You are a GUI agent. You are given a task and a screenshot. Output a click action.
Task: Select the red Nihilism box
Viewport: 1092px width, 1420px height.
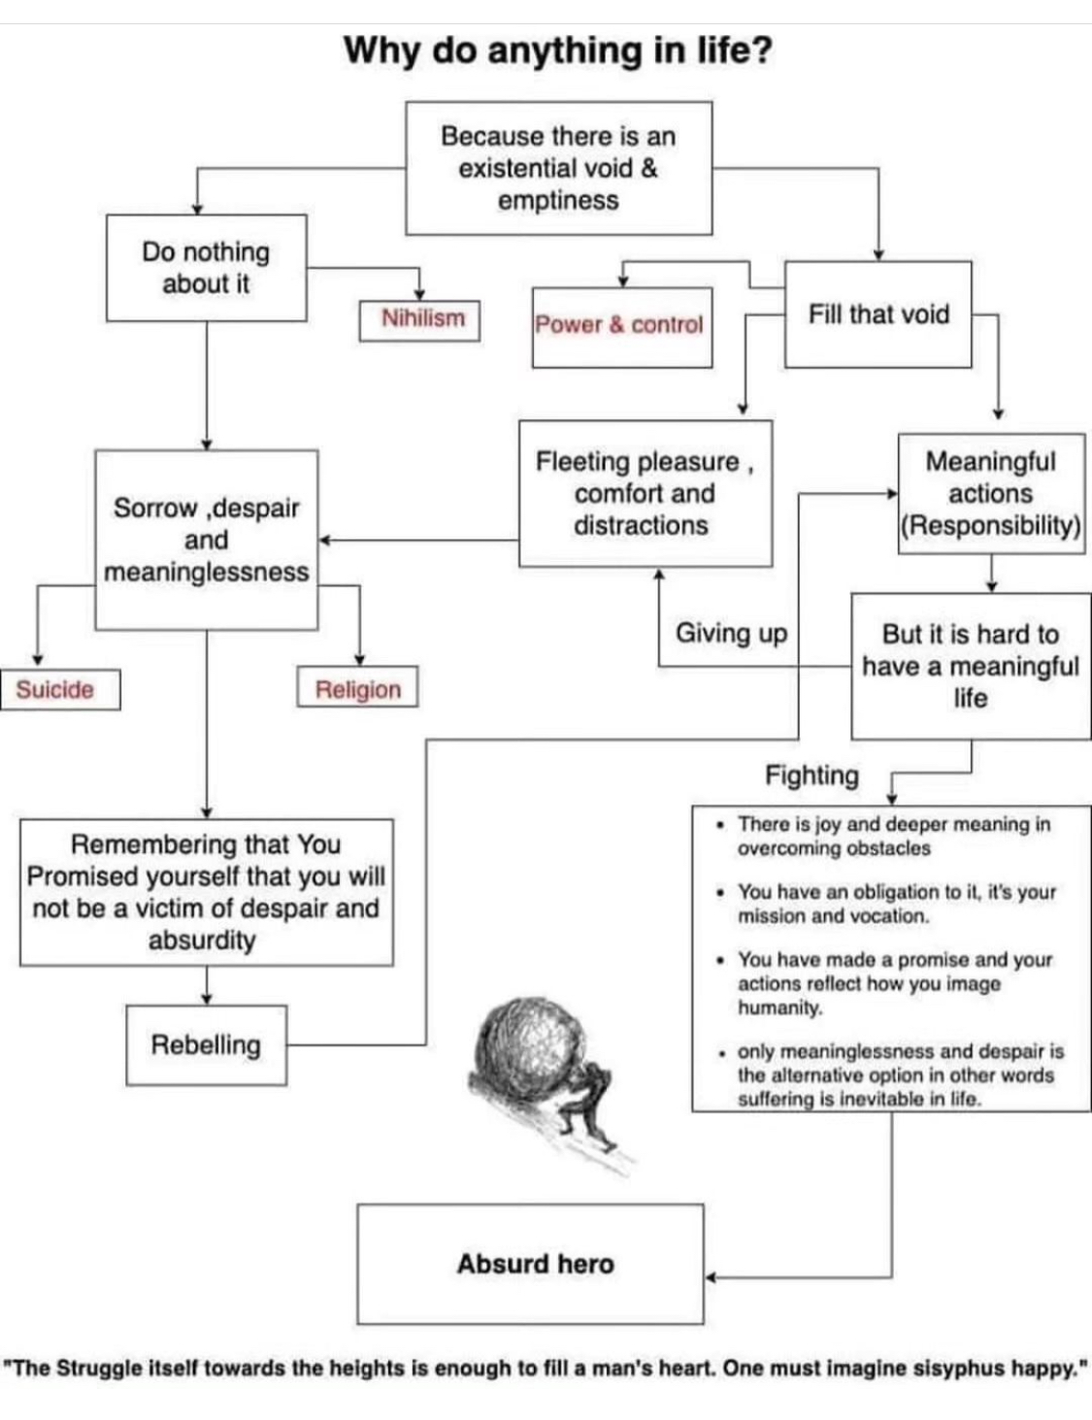419,319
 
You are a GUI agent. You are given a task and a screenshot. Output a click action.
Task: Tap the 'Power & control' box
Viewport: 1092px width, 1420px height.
621,326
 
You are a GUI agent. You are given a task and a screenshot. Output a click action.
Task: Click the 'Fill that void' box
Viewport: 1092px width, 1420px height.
877,314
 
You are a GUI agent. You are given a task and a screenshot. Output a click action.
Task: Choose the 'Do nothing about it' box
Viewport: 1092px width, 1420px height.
206,268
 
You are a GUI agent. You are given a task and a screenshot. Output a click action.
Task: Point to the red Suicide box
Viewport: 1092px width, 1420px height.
58,690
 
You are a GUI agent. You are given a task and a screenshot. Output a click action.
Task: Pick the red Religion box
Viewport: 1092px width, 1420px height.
357,688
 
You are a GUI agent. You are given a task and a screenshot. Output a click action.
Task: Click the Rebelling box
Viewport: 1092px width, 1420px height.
206,1044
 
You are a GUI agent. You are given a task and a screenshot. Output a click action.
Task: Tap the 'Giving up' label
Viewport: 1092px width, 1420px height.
731,634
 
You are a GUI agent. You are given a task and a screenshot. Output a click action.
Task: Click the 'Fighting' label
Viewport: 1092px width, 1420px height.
811,776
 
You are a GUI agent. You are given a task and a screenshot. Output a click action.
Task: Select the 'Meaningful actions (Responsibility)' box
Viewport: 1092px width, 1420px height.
990,493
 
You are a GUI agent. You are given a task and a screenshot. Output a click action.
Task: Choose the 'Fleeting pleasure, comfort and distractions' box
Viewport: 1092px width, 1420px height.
645,493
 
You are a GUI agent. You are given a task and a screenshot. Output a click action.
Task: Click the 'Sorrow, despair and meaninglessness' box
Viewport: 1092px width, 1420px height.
206,540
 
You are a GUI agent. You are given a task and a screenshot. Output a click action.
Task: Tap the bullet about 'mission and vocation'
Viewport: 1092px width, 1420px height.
895,904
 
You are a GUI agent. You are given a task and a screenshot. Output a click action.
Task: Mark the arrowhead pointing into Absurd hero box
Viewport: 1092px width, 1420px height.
711,1277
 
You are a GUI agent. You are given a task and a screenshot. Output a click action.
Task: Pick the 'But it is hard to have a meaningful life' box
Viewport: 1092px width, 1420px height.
970,666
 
